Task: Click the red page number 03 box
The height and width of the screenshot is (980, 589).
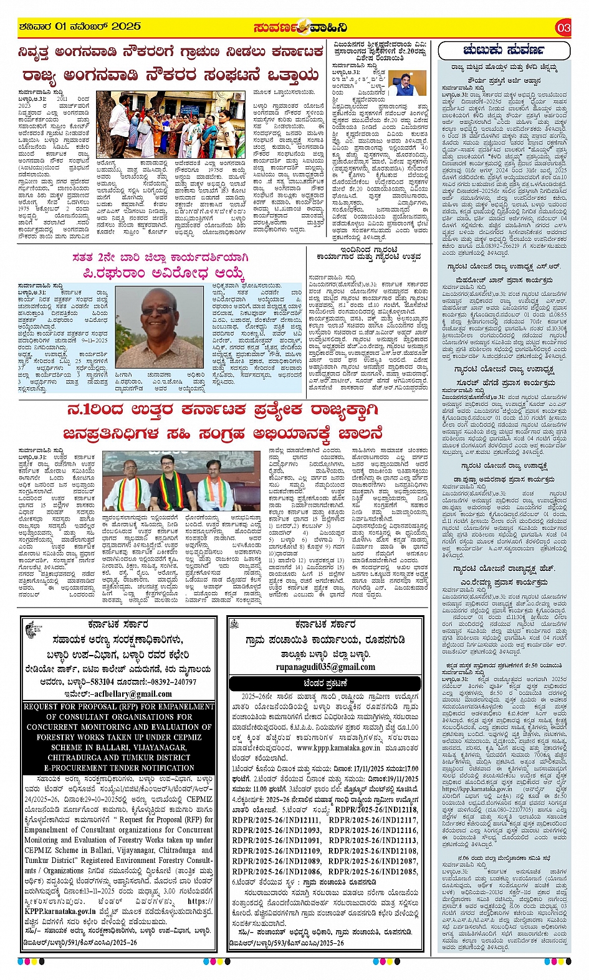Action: [563, 27]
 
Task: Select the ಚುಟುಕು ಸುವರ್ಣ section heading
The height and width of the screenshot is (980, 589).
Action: [503, 50]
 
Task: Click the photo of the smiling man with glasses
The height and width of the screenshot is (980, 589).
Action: [160, 326]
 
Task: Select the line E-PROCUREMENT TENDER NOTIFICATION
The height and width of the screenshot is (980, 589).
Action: [119, 768]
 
